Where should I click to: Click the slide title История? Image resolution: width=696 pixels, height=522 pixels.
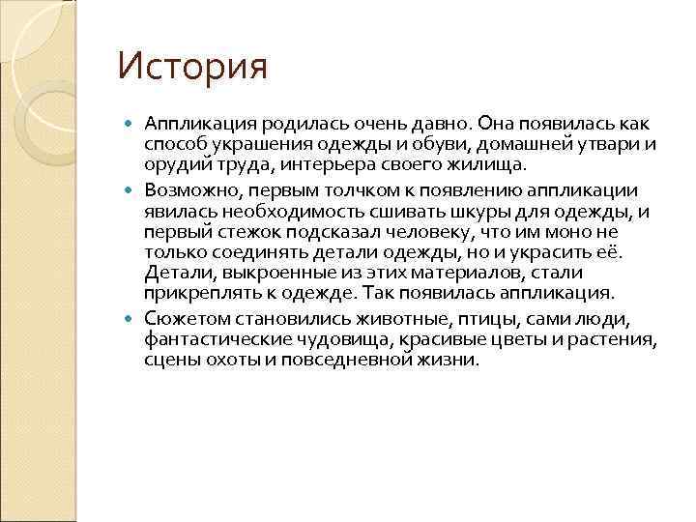pyautogui.click(x=191, y=67)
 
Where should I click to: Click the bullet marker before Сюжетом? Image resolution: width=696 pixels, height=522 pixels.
pyautogui.click(x=132, y=318)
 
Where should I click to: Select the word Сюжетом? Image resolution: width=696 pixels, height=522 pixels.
pyautogui.click(x=186, y=319)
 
